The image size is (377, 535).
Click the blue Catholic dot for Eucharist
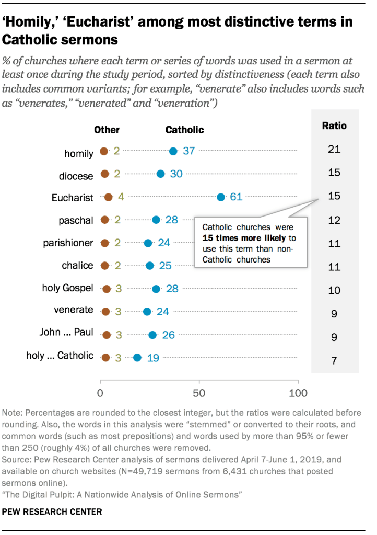(x=221, y=197)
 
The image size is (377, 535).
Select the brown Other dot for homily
(x=104, y=152)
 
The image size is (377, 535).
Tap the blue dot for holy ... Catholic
(x=137, y=358)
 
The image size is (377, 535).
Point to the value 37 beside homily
(x=188, y=151)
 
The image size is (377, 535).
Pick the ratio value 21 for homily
(x=334, y=150)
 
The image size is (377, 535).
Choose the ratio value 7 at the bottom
(x=334, y=361)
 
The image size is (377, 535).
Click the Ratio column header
(x=334, y=126)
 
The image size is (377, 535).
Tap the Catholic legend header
(x=184, y=130)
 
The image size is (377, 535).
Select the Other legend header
(x=107, y=130)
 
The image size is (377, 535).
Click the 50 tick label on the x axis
(x=198, y=393)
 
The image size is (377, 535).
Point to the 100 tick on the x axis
(x=298, y=393)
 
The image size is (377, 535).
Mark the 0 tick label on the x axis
(x=100, y=393)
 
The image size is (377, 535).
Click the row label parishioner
(x=68, y=243)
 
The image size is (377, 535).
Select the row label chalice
(x=77, y=266)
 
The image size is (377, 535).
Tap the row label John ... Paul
(x=67, y=333)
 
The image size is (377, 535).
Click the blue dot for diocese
(x=160, y=174)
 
